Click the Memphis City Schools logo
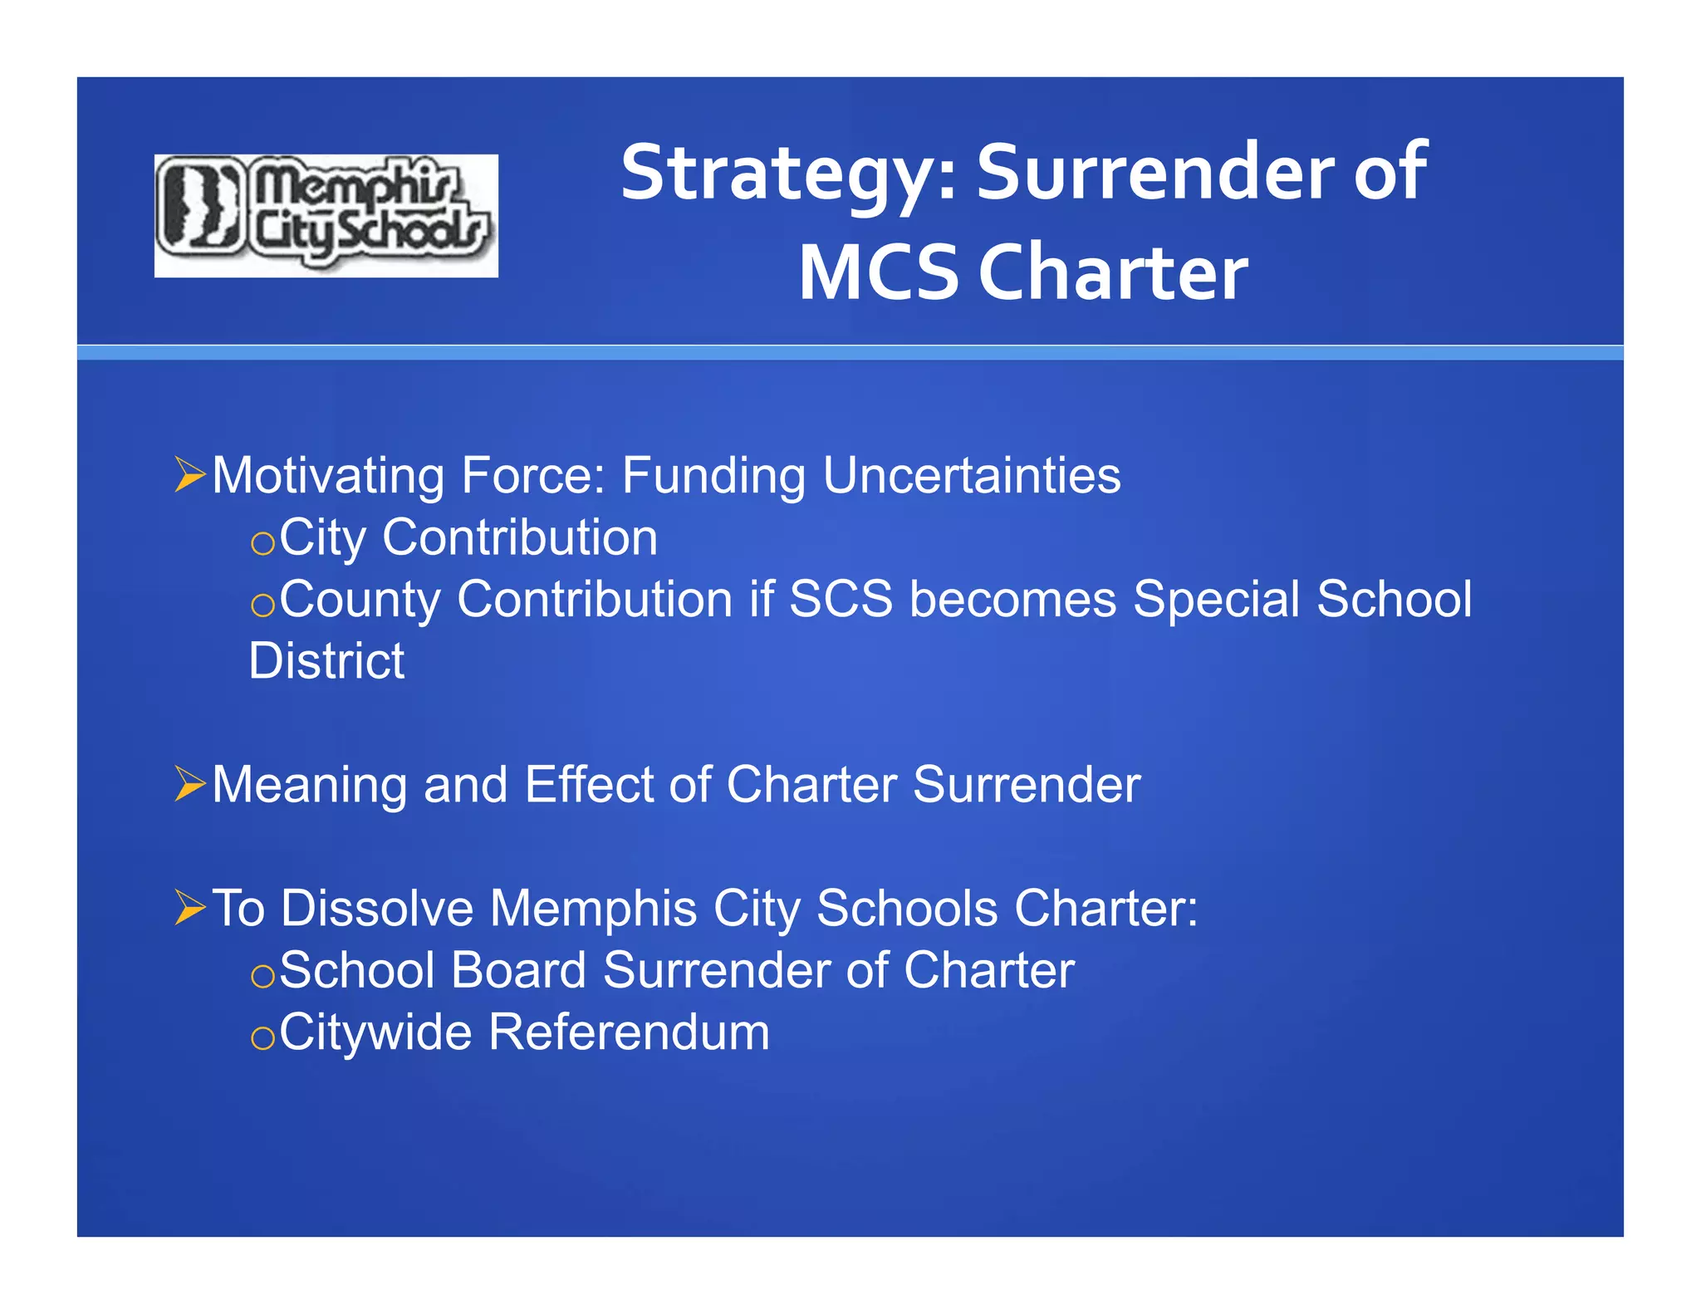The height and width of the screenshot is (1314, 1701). coord(326,215)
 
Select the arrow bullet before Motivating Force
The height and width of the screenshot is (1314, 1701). coord(190,475)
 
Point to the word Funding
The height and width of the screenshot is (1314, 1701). coord(713,477)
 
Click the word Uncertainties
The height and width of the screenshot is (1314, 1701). coord(972,475)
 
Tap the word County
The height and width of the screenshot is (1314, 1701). coord(360,600)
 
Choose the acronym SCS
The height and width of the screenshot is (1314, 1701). coord(841,599)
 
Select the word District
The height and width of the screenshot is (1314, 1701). coord(326,661)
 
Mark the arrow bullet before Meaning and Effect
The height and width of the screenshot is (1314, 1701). coord(190,784)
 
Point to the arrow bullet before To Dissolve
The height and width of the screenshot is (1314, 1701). coord(190,907)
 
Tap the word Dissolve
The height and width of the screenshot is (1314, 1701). coord(377,908)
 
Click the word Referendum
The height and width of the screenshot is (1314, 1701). coord(629,1032)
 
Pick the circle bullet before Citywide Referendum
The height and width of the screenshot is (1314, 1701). coord(262,1038)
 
